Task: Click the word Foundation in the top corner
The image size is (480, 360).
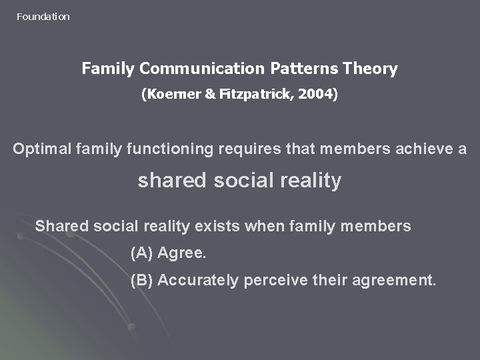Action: click(43, 17)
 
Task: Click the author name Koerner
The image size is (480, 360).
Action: click(175, 95)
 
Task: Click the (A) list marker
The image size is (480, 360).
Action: click(142, 254)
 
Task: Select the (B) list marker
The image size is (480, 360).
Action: click(142, 281)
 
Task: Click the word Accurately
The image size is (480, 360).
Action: click(198, 281)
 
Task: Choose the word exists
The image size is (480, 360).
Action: click(217, 226)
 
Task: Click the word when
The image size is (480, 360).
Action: click(264, 226)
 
